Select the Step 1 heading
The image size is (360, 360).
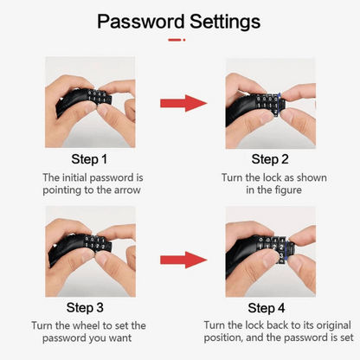[x=89, y=160]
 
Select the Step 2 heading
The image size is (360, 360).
[x=269, y=160]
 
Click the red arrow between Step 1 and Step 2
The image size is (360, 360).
[x=183, y=104]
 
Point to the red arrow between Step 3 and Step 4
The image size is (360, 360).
[x=183, y=257]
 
